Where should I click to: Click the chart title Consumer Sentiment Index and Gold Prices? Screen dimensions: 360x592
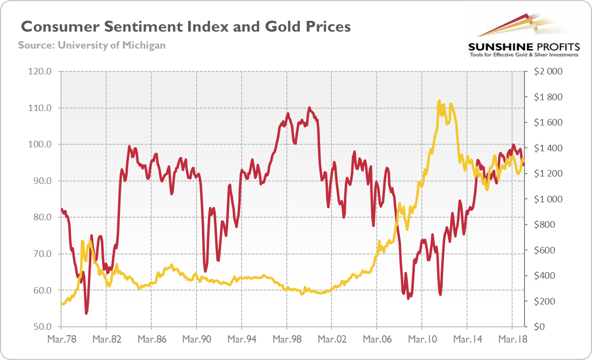tap(185, 26)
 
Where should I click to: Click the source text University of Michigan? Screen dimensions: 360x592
tap(92, 45)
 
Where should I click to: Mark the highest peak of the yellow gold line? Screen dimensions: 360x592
tap(439, 101)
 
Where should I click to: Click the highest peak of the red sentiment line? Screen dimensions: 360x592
tap(309, 107)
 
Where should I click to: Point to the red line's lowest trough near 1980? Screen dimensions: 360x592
tap(86, 313)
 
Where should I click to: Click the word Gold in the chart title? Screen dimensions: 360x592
tap(280, 26)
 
